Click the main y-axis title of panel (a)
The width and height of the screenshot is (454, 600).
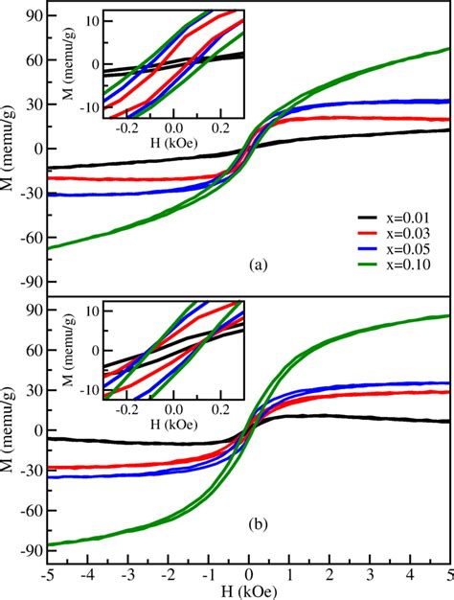coord(10,149)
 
